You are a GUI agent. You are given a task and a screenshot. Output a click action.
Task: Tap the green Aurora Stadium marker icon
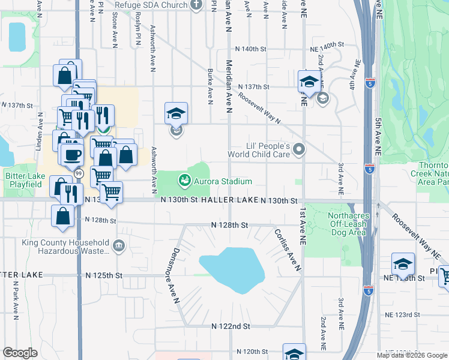pos(184,179)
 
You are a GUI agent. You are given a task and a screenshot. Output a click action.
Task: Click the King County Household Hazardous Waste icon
pos(118,245)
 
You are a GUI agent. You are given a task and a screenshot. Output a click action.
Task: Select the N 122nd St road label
pos(230,326)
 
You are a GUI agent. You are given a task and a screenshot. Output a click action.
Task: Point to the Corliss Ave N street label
pos(288,250)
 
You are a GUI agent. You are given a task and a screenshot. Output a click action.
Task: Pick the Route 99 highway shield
pos(79,173)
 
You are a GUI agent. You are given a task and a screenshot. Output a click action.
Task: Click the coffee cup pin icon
pos(72,154)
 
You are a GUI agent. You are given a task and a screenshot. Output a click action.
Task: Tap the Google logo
pos(20,353)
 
